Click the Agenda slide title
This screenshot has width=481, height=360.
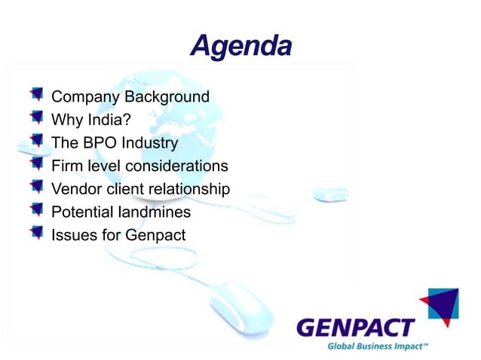click(x=240, y=46)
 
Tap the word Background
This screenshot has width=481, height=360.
click(x=167, y=97)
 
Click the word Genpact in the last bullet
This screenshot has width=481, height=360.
click(x=155, y=236)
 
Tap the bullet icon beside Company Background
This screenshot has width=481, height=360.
click(x=36, y=95)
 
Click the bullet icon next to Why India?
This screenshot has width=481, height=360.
click(x=36, y=117)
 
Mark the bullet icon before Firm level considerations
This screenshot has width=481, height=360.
click(x=36, y=163)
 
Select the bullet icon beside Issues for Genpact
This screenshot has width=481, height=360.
click(x=36, y=233)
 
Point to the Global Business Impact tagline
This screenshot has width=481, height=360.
click(x=377, y=346)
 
